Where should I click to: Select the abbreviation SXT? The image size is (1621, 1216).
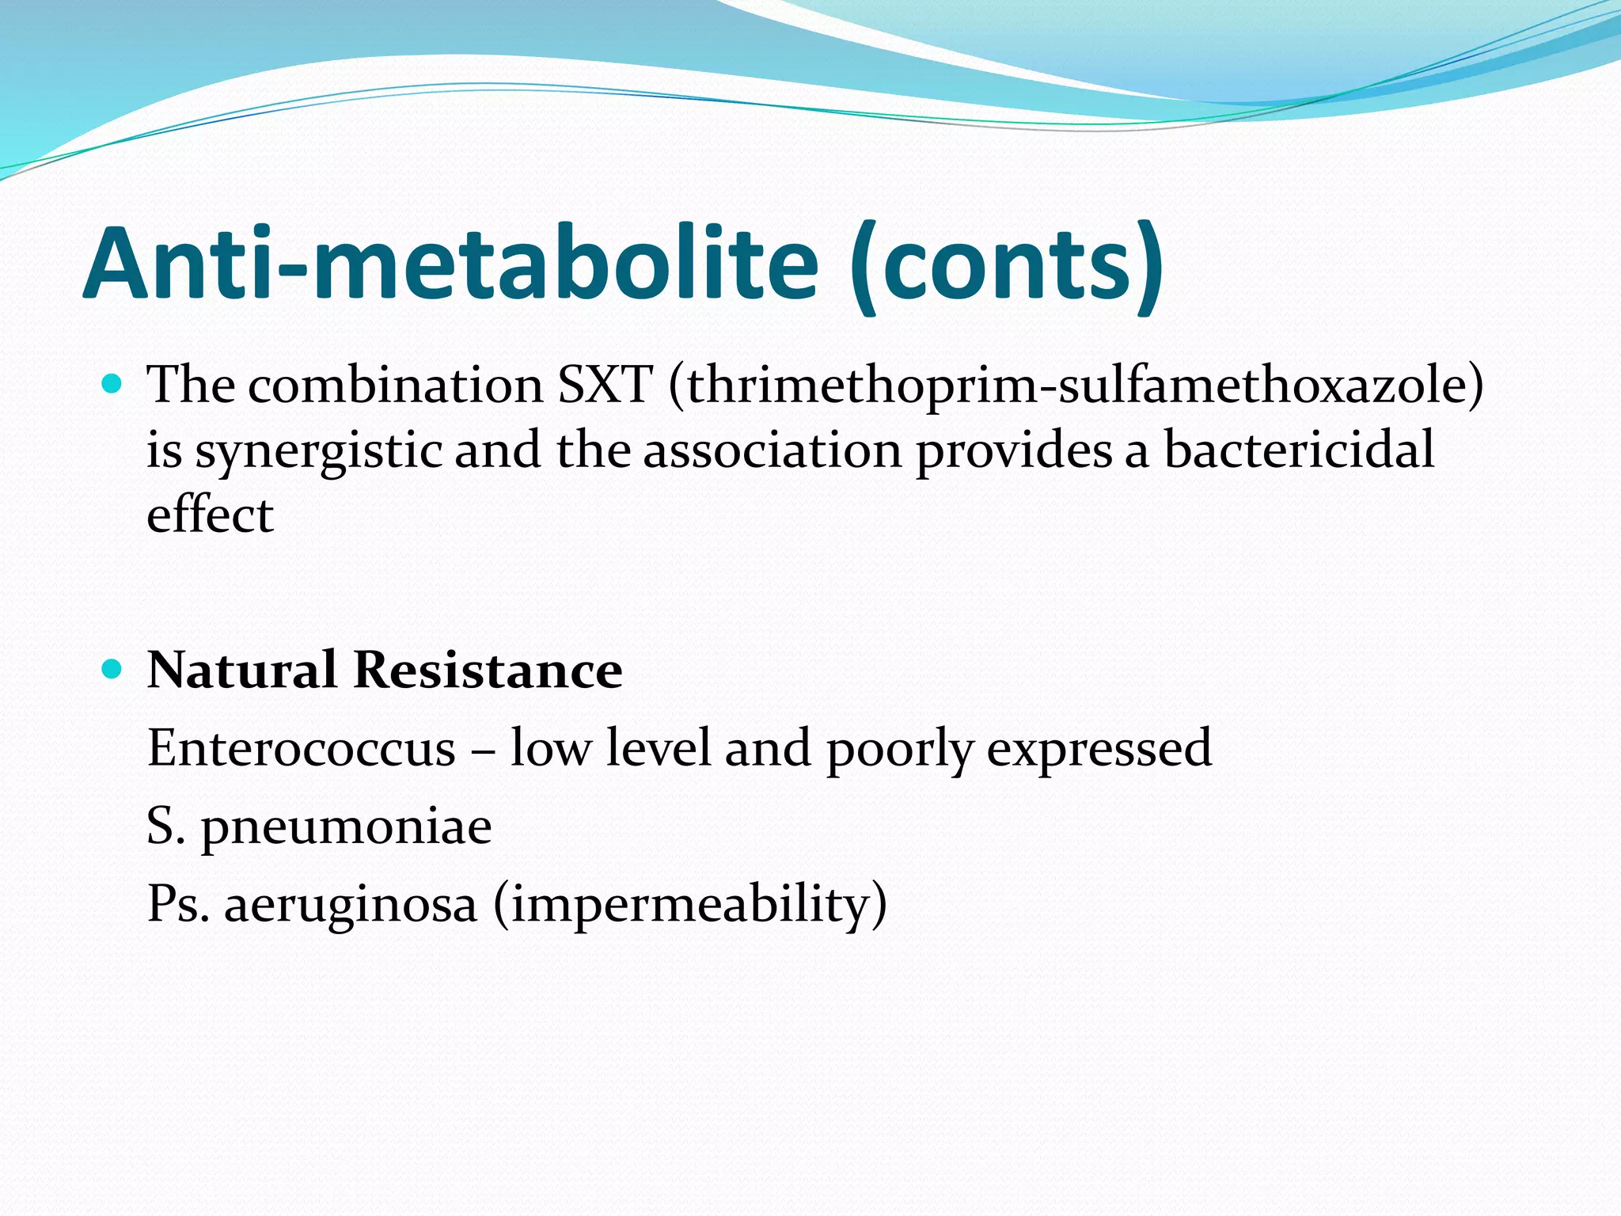click(x=605, y=386)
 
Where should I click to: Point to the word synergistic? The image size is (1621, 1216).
click(x=318, y=451)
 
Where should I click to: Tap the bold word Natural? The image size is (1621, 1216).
click(x=242, y=671)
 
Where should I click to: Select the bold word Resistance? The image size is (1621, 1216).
click(x=488, y=671)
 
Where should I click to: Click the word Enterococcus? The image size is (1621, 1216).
click(x=302, y=747)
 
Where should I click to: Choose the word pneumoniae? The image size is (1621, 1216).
click(x=347, y=827)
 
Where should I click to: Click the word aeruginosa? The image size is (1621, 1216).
click(x=351, y=905)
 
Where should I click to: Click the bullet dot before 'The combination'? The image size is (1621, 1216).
click(x=112, y=385)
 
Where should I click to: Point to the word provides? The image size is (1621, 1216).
click(x=1015, y=451)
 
